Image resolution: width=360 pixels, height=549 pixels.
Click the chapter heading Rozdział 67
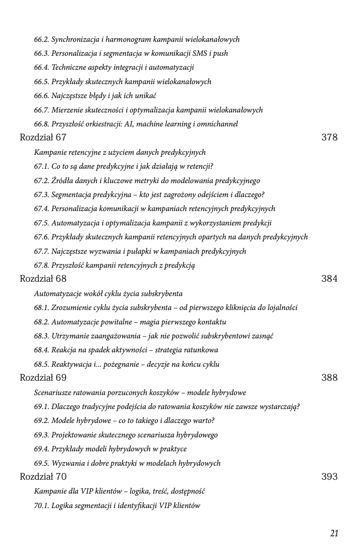[43, 138]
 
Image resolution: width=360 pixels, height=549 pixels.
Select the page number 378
[329, 138]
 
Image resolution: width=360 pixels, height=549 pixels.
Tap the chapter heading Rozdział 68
[43, 279]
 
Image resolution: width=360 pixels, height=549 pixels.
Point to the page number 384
[329, 279]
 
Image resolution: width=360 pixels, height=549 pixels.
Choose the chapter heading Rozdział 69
[43, 378]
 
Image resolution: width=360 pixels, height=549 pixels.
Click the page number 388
[329, 378]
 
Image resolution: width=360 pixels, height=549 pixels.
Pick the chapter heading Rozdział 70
[43, 477]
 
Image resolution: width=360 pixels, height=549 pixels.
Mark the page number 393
[329, 477]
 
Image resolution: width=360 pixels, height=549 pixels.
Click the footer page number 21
[334, 534]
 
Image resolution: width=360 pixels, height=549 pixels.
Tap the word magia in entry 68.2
[140, 322]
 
